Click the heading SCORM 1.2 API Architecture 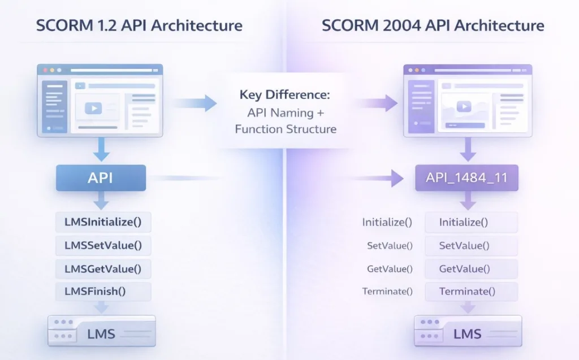(x=139, y=25)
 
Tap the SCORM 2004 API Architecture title (x=433, y=25)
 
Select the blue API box (x=101, y=178)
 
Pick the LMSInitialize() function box (x=103, y=222)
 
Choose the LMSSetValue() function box (x=103, y=245)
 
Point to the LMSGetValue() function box (x=103, y=268)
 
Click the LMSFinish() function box (x=103, y=292)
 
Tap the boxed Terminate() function (x=471, y=292)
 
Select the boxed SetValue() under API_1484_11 (x=471, y=245)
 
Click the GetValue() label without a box (x=390, y=269)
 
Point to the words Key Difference (x=285, y=94)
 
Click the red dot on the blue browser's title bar (x=43, y=70)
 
